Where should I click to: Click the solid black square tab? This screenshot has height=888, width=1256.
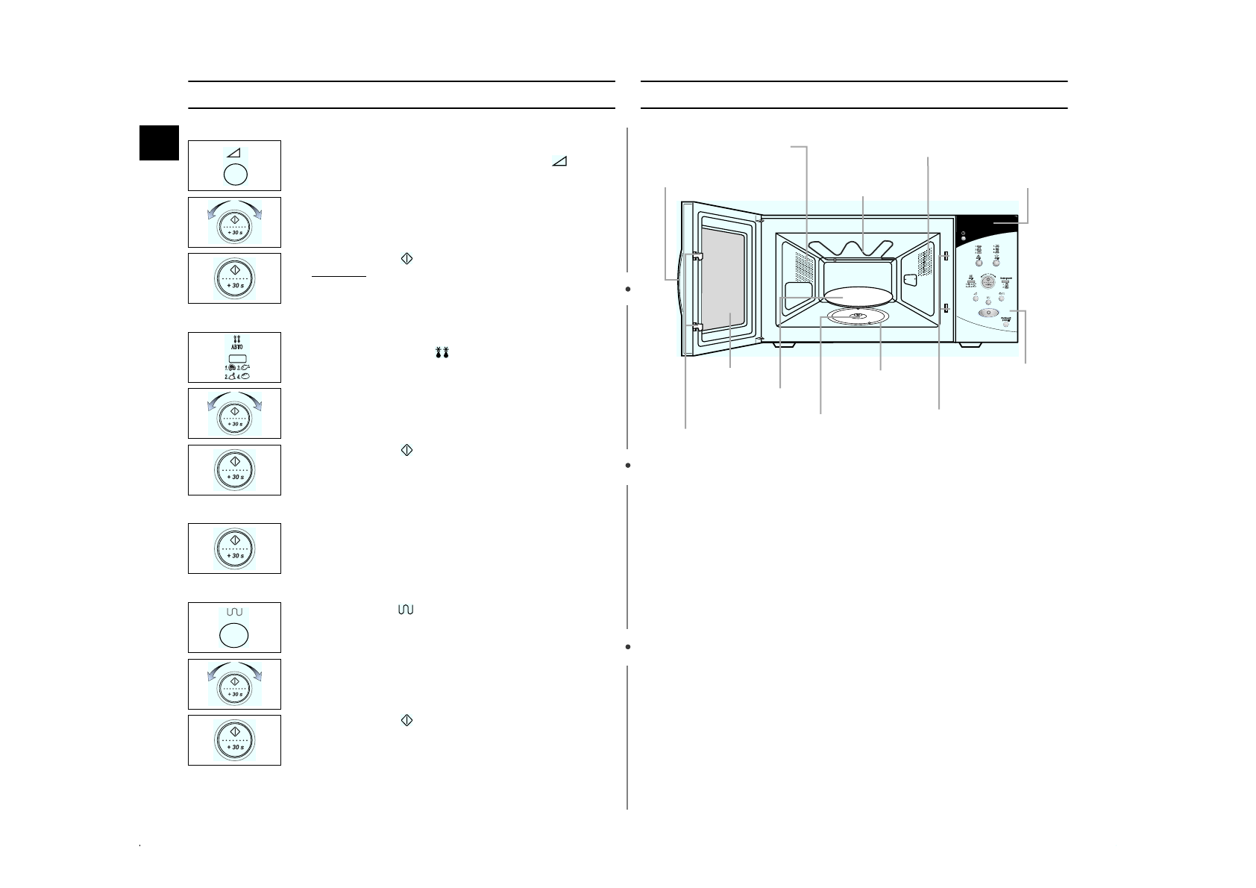pos(160,143)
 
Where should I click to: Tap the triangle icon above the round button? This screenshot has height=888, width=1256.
pos(234,152)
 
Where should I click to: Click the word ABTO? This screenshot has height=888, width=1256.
pos(235,347)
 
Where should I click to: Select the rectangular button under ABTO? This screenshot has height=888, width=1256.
pos(235,358)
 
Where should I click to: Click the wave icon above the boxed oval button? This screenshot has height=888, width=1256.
pos(234,612)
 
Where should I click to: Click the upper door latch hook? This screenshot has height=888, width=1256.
pos(696,256)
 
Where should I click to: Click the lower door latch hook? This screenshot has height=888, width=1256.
pos(696,326)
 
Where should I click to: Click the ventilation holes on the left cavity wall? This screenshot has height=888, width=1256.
pos(803,263)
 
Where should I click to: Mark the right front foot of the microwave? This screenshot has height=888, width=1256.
pos(970,345)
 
